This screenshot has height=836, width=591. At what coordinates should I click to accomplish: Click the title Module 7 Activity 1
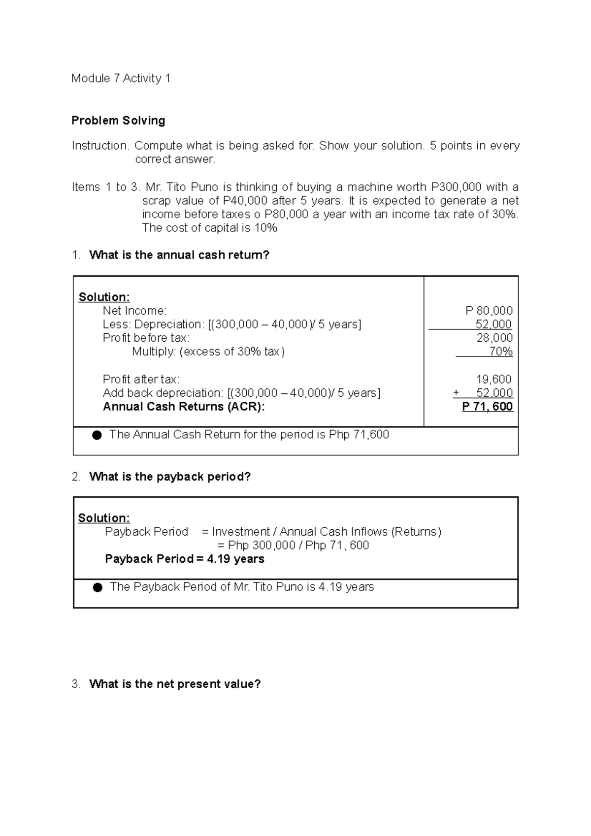(x=121, y=78)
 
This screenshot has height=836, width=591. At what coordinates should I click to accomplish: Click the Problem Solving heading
(x=118, y=121)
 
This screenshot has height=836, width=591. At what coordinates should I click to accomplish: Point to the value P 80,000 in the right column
(x=489, y=311)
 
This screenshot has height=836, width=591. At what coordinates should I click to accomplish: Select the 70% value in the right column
(x=501, y=352)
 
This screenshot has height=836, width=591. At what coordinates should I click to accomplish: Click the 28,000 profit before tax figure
(x=494, y=338)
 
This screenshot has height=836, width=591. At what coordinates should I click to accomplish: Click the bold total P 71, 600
(x=487, y=407)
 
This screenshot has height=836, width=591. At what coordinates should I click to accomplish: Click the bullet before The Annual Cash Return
(x=97, y=435)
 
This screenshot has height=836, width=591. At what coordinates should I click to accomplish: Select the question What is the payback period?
(x=170, y=477)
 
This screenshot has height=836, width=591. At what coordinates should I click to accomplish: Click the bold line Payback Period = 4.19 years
(x=185, y=559)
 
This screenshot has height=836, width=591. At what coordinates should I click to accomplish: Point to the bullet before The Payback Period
(x=98, y=587)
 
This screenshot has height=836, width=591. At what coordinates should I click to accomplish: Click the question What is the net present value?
(x=175, y=684)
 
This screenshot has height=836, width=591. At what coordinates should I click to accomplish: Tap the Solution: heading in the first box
(x=104, y=297)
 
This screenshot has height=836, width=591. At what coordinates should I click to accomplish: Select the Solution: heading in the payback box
(x=104, y=518)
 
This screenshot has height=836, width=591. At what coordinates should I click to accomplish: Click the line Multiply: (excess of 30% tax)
(x=208, y=352)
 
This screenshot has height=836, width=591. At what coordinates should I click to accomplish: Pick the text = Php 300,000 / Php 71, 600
(x=293, y=545)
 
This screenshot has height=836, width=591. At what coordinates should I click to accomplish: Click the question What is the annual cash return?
(x=179, y=255)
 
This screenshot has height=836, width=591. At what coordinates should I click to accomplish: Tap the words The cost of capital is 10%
(x=209, y=228)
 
